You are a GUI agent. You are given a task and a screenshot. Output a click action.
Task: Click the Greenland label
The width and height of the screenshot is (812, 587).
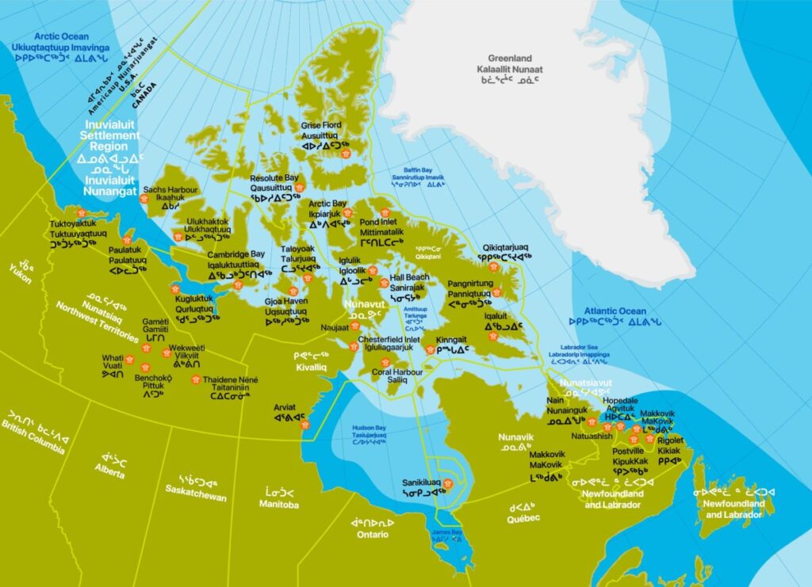pos(511,59)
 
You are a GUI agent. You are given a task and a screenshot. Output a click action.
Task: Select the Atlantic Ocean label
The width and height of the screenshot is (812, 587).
pos(615,311)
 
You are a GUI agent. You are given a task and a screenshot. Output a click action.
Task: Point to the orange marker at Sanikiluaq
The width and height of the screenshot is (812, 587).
pos(447,482)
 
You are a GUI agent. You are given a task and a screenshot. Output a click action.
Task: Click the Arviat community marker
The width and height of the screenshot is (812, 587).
pos(304,425)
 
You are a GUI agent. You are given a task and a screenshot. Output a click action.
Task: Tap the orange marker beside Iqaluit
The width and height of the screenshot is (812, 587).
pos(493,336)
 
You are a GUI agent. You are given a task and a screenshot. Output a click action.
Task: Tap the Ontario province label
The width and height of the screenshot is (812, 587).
pos(372,535)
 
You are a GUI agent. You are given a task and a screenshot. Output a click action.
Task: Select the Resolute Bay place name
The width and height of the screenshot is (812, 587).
pos(274,178)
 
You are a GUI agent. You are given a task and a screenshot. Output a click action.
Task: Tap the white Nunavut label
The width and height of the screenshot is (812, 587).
pos(363,303)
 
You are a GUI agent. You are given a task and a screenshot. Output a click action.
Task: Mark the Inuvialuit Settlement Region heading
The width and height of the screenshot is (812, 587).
pos(114,135)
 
